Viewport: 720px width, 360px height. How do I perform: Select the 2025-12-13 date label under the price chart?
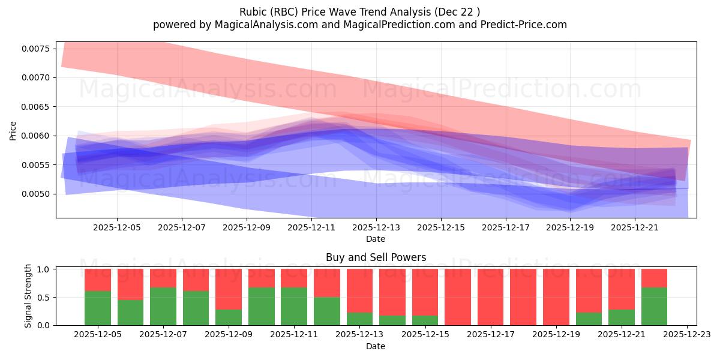(x=376, y=228)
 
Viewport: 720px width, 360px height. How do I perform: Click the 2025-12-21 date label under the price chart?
(x=635, y=228)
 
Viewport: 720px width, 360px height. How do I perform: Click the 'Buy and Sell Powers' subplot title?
(x=376, y=257)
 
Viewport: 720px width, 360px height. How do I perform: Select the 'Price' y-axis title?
(x=13, y=130)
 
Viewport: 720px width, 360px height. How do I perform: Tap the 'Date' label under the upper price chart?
(x=376, y=239)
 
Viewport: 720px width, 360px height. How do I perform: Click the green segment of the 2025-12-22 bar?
(x=654, y=306)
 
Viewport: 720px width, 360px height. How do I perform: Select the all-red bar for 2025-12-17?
(x=490, y=297)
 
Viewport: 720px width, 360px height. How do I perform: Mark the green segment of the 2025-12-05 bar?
(x=98, y=308)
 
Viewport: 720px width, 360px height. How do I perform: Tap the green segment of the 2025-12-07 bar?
(x=163, y=306)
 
